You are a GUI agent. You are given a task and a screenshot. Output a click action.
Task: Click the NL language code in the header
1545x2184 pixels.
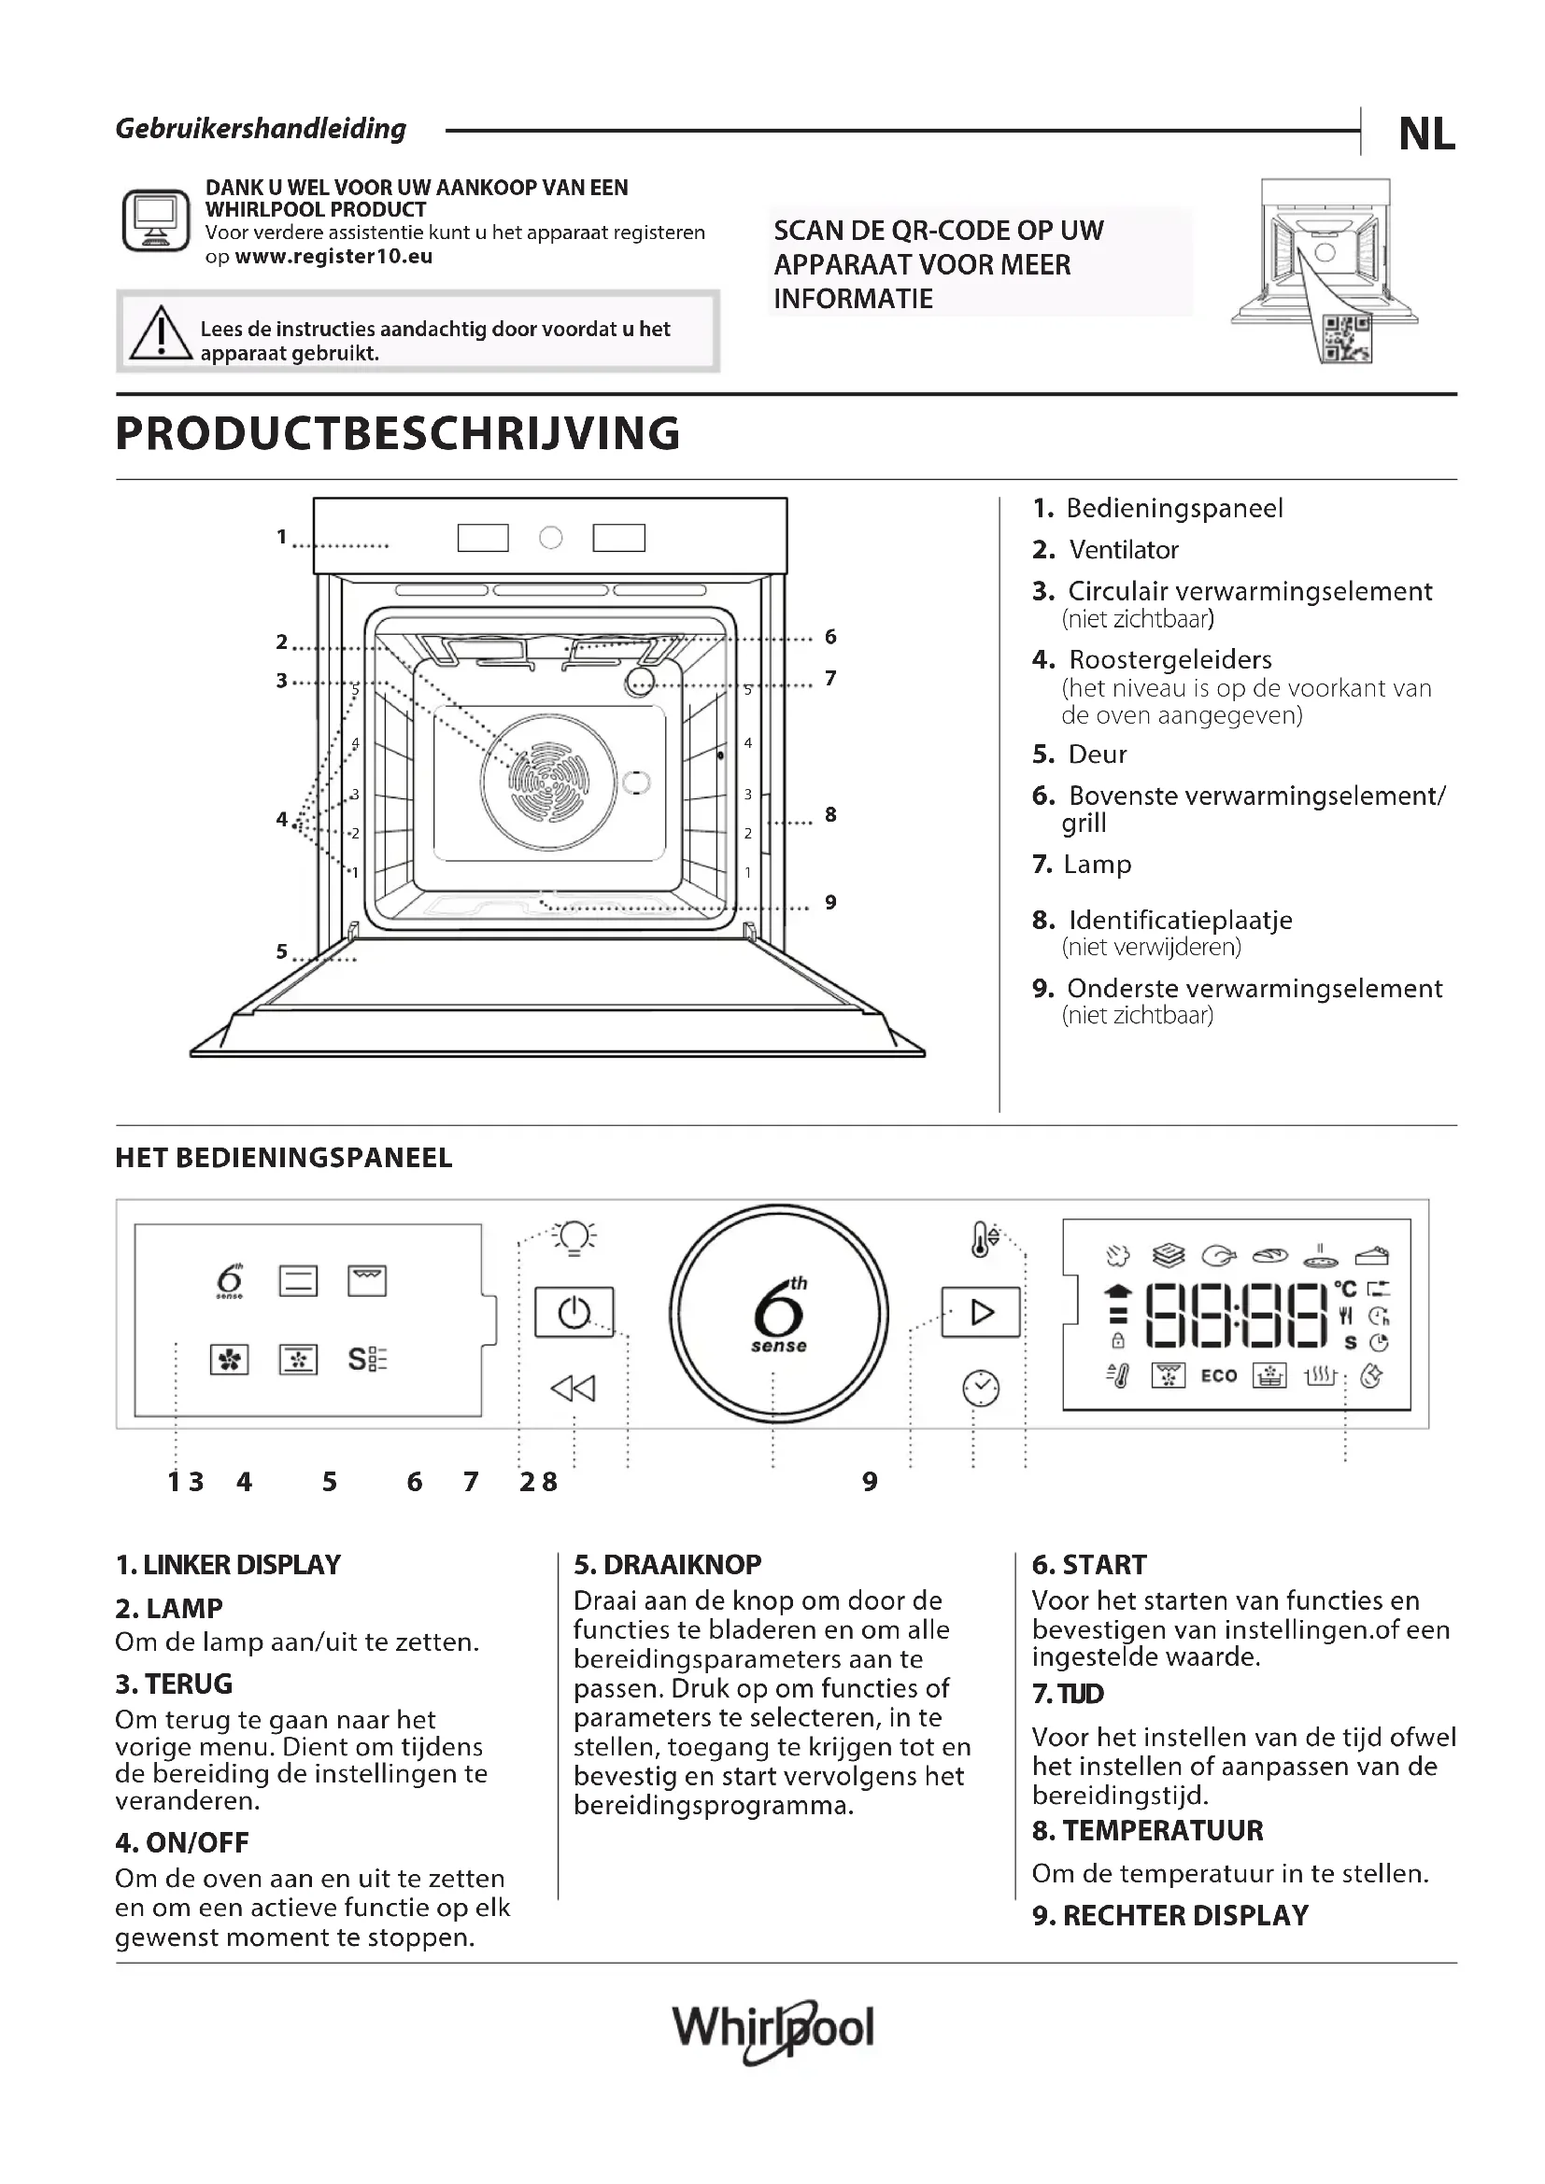(x=1426, y=134)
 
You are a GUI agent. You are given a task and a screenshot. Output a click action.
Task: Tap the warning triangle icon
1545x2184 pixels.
(x=161, y=333)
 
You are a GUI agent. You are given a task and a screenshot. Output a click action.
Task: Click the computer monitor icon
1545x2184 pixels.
(x=155, y=219)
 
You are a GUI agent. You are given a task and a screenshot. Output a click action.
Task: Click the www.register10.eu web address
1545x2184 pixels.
(x=333, y=257)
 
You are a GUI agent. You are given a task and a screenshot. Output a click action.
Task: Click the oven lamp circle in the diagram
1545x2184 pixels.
(x=639, y=681)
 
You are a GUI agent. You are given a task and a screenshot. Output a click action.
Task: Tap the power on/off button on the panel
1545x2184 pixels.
(x=574, y=1313)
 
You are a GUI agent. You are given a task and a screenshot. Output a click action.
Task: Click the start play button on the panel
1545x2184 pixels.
(x=981, y=1313)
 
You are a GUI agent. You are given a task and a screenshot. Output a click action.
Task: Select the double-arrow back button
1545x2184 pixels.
(x=573, y=1388)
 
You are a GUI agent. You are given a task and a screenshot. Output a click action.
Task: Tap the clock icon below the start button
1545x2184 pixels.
(x=981, y=1388)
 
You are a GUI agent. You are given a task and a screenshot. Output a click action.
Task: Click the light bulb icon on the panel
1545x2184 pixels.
(x=574, y=1237)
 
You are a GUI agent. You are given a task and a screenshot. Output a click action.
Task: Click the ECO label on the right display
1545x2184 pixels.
(x=1219, y=1375)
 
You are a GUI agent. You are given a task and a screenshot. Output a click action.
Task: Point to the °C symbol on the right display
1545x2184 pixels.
(x=1345, y=1289)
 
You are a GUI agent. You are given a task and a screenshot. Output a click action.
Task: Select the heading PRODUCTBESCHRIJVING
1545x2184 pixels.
(x=398, y=434)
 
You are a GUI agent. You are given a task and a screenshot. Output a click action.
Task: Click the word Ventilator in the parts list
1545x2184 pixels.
(x=1124, y=550)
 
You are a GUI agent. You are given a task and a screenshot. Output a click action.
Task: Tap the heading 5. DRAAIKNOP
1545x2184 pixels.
(x=667, y=1565)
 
